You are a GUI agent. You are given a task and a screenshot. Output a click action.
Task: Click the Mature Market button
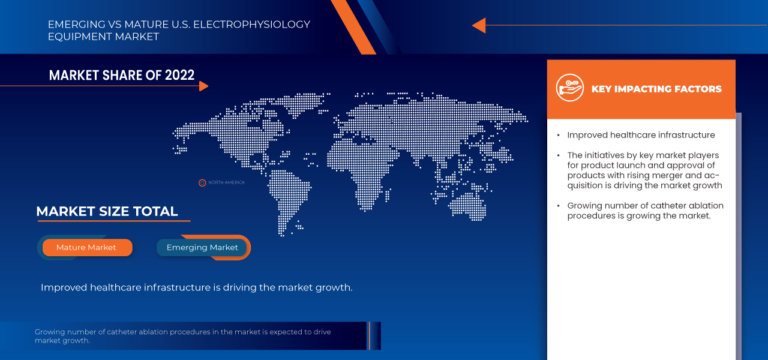click(86, 247)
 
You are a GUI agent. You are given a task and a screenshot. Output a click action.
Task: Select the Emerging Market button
click(202, 247)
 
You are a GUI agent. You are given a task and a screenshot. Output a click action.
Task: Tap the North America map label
click(226, 182)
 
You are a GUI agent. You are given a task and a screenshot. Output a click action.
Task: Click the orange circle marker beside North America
click(202, 182)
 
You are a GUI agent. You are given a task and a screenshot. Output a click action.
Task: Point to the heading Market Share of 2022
click(122, 75)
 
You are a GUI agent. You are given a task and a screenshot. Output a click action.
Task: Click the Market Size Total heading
click(107, 211)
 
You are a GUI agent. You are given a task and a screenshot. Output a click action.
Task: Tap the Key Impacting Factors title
click(656, 89)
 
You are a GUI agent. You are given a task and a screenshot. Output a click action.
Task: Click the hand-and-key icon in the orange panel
click(569, 88)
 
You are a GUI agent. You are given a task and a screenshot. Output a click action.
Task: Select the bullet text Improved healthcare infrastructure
click(641, 135)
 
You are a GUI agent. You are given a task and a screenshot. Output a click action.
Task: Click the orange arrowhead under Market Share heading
click(203, 86)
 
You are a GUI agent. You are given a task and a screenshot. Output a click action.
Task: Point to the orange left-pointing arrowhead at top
click(478, 25)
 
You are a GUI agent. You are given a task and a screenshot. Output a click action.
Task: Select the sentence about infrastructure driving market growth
click(196, 287)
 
